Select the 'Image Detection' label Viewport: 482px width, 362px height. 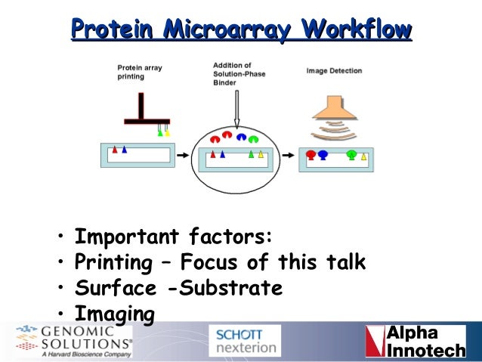pos(334,71)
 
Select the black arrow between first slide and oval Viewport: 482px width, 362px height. pos(182,156)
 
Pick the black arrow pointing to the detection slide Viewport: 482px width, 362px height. pos(288,156)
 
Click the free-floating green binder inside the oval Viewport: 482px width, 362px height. pos(253,138)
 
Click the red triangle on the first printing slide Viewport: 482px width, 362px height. pos(115,150)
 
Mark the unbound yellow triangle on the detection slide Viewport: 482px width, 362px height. pos(364,156)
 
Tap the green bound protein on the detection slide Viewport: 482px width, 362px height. pos(351,155)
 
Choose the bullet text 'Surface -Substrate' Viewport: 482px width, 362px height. pos(178,288)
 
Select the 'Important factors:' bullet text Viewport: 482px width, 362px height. pos(173,237)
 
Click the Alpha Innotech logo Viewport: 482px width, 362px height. pos(415,342)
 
